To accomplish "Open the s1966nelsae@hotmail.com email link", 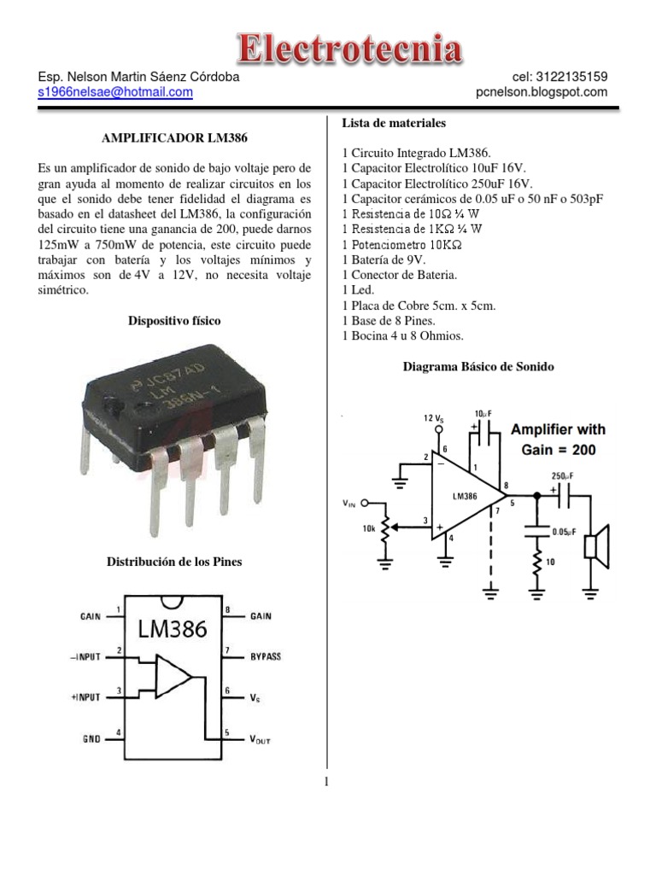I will click(116, 92).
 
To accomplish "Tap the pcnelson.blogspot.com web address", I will click(542, 92).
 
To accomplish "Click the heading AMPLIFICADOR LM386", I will click(168, 138).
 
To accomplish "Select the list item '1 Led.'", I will click(359, 290).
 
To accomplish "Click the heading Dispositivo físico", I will click(174, 321).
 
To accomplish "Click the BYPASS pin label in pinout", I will click(266, 656).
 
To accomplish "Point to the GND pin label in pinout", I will click(91, 739).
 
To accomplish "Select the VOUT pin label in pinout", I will click(260, 739).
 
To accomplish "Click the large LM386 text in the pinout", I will click(173, 630).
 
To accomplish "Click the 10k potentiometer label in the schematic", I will click(369, 529).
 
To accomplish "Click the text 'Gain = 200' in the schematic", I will click(559, 449).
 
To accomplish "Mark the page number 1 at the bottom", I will click(328, 781).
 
